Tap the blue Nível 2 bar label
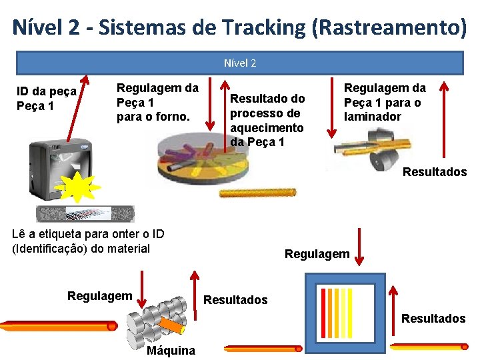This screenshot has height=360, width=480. click(240, 63)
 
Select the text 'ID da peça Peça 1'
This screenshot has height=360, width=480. click(47, 99)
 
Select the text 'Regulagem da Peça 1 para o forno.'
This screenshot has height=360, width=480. click(157, 102)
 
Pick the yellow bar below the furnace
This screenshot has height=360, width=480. click(258, 193)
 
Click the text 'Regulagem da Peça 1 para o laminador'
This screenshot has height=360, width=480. click(384, 102)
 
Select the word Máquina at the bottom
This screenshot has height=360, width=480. click(171, 351)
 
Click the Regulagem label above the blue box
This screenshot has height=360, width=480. click(317, 254)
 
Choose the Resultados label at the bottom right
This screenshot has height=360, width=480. click(433, 319)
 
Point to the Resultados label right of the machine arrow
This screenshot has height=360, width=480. click(235, 300)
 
